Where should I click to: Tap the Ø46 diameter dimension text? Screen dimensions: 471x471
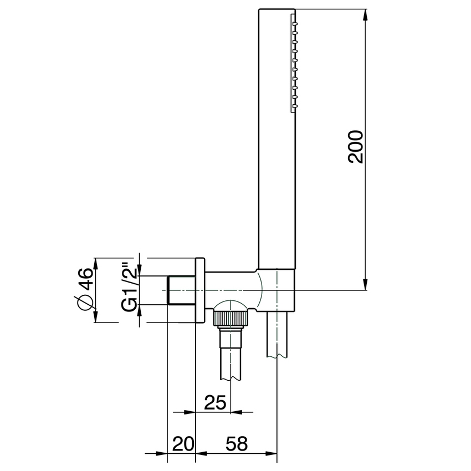click(84, 290)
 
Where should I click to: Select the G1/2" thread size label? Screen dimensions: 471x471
click(129, 289)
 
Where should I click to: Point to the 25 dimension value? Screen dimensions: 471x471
click(215, 402)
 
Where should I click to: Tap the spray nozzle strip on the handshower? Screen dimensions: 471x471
click(294, 61)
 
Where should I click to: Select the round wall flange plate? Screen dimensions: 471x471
click(201, 290)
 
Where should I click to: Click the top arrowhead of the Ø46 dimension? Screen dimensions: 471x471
click(96, 263)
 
